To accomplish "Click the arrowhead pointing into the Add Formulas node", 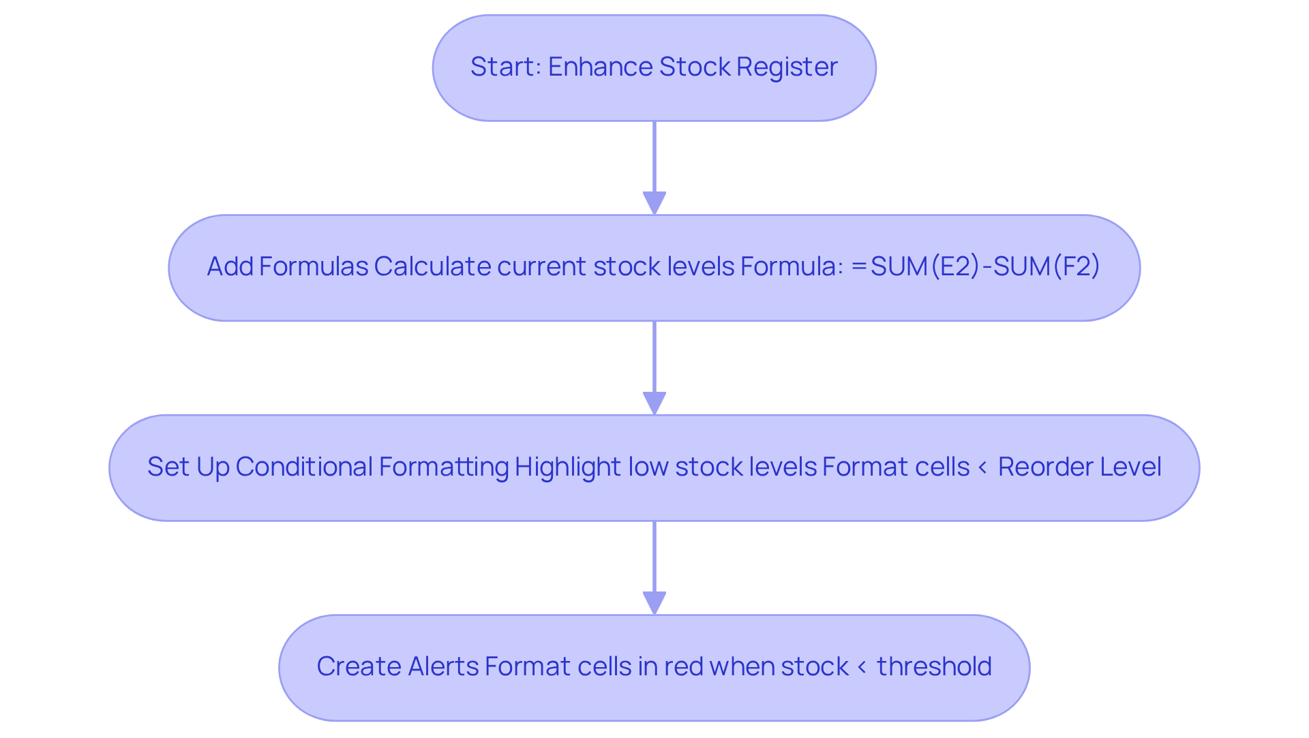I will [654, 203].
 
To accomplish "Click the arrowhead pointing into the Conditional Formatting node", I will [654, 403].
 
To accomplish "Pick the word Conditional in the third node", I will [305, 467].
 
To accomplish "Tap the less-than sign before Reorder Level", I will [982, 467].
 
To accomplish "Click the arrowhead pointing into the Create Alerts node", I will [654, 603].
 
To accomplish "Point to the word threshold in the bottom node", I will [934, 666].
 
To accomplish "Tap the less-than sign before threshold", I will [862, 667].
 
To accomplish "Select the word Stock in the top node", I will [695, 67].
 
